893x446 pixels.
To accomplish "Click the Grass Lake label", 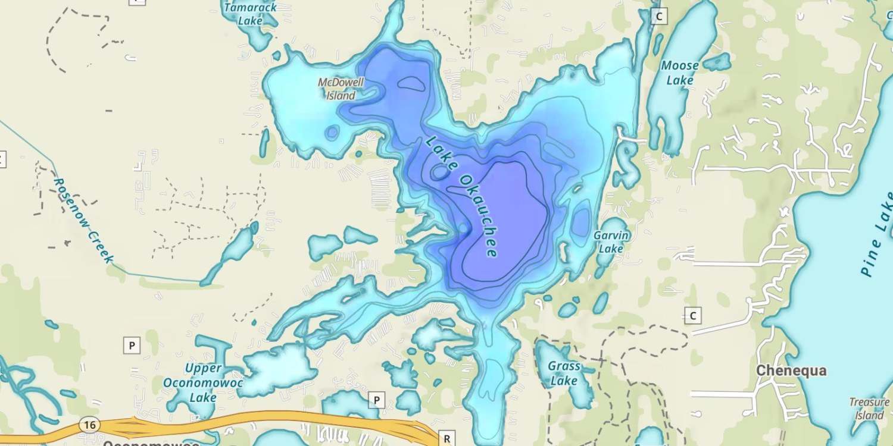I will (563, 373).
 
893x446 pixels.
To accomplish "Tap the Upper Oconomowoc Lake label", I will (203, 382).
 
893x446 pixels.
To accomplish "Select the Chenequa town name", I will (791, 370).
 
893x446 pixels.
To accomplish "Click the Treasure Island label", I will (869, 409).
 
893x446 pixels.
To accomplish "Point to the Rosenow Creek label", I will (83, 220).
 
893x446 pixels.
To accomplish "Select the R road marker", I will (447, 439).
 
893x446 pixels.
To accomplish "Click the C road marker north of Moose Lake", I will (658, 16).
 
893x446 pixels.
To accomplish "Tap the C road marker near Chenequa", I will (692, 315).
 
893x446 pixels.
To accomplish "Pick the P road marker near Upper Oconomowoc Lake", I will (132, 345).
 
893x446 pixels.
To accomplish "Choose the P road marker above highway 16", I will (376, 400).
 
